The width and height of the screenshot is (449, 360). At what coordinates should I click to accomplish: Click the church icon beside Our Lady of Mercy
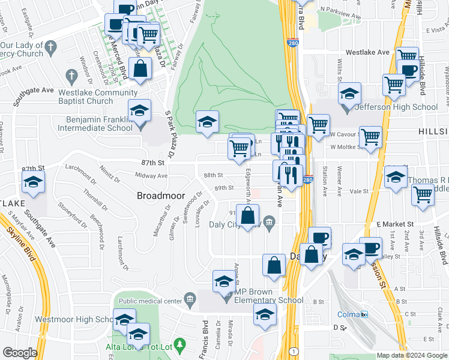point(50,47)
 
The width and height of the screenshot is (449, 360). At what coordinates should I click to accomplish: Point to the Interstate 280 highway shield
point(307,179)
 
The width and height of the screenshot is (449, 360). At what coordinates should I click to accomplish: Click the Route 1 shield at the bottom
point(294,351)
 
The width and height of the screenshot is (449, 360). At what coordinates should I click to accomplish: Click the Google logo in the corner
point(20,353)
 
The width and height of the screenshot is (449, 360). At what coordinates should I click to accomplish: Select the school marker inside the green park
point(207,122)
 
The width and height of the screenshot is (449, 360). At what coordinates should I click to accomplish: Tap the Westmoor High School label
point(74,320)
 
